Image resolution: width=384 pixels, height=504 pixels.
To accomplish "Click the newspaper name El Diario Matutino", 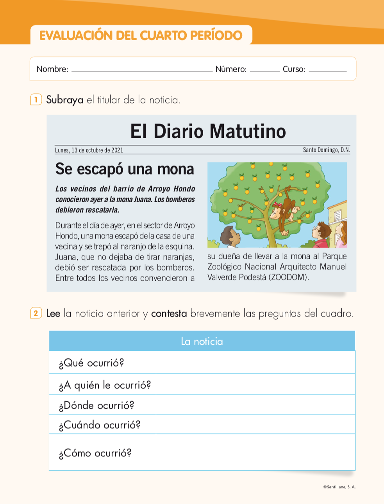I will (208, 131).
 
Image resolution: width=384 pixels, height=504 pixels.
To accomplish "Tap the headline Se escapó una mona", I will (125, 169).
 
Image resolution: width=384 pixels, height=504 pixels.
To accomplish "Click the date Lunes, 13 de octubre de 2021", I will (89, 150).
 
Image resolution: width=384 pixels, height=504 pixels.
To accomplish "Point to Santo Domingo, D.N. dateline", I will (326, 150).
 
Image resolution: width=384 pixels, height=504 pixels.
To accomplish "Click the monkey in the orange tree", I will (284, 209).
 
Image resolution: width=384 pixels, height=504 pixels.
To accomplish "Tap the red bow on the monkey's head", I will (278, 204).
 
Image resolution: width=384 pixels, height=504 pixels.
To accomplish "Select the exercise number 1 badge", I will (36, 100).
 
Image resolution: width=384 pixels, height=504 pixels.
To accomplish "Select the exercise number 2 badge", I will (36, 313).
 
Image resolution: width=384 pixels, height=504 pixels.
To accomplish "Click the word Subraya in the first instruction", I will (65, 100).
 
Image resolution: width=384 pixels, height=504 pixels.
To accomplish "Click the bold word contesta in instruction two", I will (169, 313).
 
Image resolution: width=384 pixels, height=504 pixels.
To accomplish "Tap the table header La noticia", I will (202, 341).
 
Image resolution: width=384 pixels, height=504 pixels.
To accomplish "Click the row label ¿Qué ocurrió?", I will (91, 363).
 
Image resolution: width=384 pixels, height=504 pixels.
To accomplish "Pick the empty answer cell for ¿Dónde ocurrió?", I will (255, 405).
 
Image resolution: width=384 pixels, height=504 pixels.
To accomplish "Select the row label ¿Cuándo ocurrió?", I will (99, 425).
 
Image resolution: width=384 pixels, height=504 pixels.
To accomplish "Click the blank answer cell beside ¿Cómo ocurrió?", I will (255, 452).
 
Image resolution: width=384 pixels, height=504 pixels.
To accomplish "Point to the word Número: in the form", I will (231, 69).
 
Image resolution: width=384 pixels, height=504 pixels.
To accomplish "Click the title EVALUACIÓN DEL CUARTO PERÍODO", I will (141, 36).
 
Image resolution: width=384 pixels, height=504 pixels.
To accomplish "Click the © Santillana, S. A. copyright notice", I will (339, 487).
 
